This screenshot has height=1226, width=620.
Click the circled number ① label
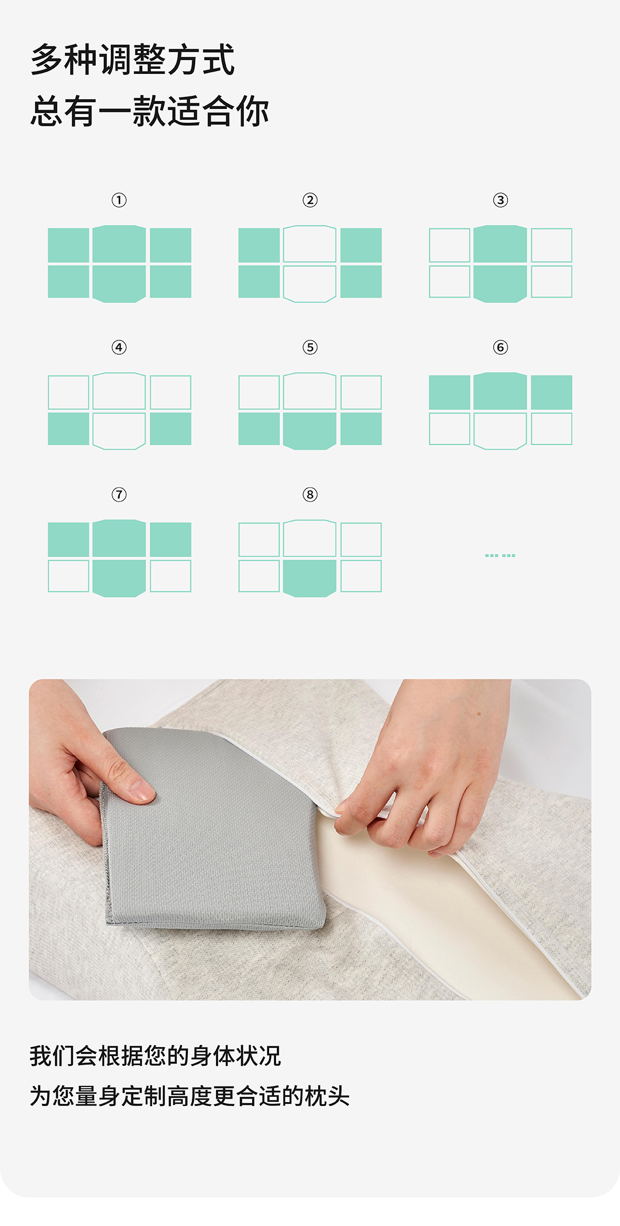tap(119, 200)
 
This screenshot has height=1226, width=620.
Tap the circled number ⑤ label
tap(310, 347)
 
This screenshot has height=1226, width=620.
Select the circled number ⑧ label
tap(310, 494)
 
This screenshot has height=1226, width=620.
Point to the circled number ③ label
tap(501, 200)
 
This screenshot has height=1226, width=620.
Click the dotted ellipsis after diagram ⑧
tap(500, 556)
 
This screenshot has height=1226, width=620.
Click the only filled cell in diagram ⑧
tap(309, 578)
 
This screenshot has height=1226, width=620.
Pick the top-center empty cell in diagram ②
tap(309, 244)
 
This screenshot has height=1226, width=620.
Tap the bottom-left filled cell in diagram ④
tap(68, 429)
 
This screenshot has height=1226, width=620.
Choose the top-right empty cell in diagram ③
tap(552, 245)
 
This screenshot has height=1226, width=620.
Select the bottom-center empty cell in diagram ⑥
tap(500, 430)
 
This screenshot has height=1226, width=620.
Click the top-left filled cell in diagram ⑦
tap(68, 540)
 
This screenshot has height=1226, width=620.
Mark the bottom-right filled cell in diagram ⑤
tap(361, 429)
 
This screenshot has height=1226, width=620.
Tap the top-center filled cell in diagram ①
tap(119, 244)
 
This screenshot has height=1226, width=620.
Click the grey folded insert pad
tap(212, 829)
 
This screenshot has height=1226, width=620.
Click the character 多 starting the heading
tap(47, 59)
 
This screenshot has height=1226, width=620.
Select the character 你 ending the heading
tap(252, 111)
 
